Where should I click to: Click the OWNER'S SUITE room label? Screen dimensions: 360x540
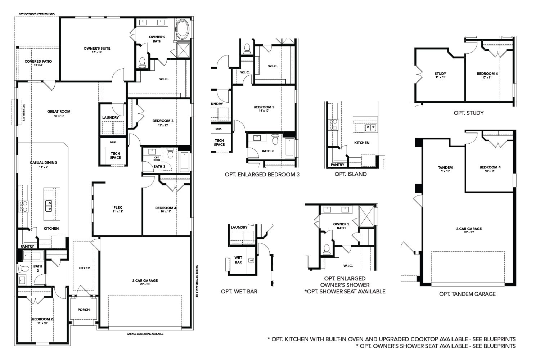[x=97, y=48]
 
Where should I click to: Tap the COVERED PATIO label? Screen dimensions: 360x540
[x=38, y=61]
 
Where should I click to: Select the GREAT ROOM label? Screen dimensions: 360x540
[x=59, y=112]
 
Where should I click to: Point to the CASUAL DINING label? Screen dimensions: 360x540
[x=43, y=163]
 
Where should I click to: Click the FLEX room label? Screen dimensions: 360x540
[x=118, y=208]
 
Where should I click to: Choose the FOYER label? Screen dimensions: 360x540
[x=84, y=268]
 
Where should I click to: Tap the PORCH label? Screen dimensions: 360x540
[x=84, y=310]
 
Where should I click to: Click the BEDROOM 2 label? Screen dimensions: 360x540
[x=42, y=319]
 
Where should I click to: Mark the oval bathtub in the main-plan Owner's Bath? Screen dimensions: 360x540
[x=182, y=30]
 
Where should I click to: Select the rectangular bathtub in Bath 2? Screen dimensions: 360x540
[x=33, y=256]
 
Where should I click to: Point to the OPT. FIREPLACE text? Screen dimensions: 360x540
[x=23, y=112]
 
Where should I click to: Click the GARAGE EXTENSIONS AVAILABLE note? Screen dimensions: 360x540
[x=145, y=334]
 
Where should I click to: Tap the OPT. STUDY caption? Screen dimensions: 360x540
[x=468, y=113]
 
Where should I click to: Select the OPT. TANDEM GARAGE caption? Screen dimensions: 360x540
[x=467, y=294]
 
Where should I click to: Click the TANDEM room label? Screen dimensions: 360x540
[x=445, y=167]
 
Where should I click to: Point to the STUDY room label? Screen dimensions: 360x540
[x=440, y=74]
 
